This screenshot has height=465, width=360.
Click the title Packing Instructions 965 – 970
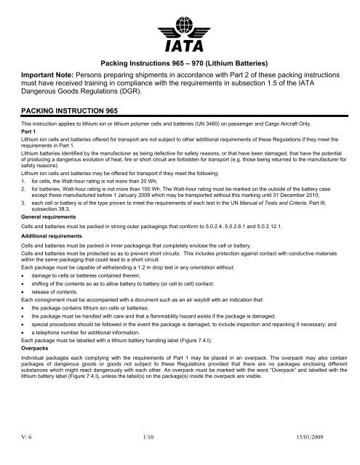point(180,63)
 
